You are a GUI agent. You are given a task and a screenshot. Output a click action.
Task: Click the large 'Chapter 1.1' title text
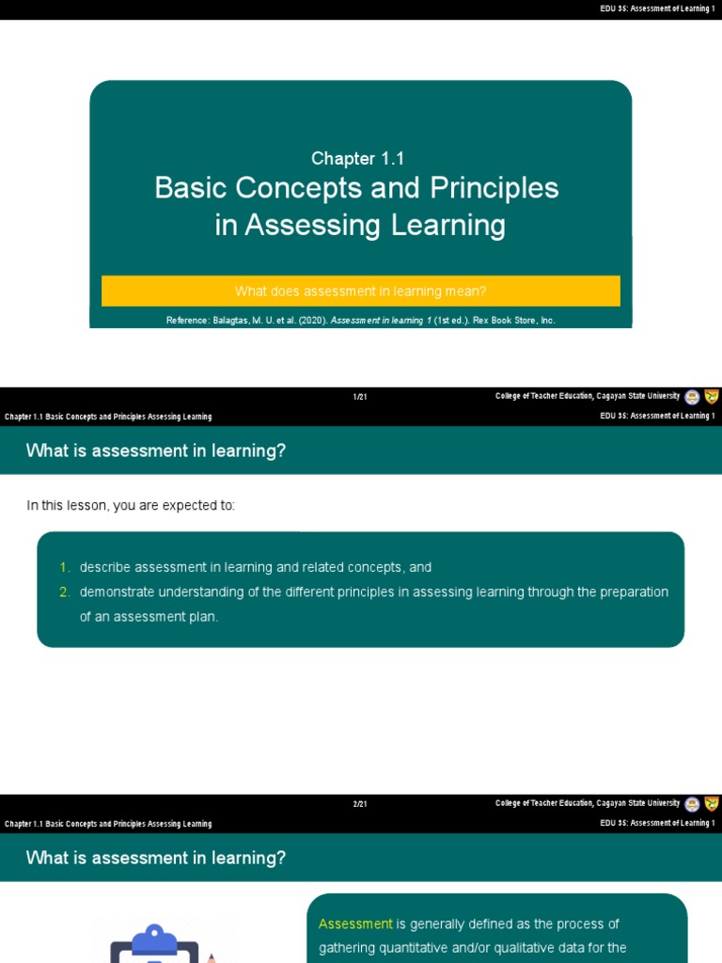coord(358,159)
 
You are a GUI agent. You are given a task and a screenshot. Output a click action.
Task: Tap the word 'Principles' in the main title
coord(494,188)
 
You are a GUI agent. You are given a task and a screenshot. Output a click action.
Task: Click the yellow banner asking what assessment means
coord(360,291)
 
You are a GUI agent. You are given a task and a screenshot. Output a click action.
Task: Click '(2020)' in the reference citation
coord(312,321)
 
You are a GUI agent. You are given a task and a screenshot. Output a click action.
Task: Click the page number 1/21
coord(360,397)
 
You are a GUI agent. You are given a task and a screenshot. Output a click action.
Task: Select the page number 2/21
coord(360,804)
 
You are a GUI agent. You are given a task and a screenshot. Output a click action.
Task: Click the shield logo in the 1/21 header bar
coord(712,396)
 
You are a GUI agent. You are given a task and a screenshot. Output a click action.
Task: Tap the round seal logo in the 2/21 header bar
coord(692,804)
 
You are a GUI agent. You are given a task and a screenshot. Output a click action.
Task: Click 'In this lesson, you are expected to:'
coord(131,506)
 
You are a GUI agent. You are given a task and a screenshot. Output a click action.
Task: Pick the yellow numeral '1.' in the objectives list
coord(65,567)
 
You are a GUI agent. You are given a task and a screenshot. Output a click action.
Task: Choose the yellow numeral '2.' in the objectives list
coord(65,592)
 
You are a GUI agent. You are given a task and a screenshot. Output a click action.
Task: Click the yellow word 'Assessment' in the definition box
coord(355,924)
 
